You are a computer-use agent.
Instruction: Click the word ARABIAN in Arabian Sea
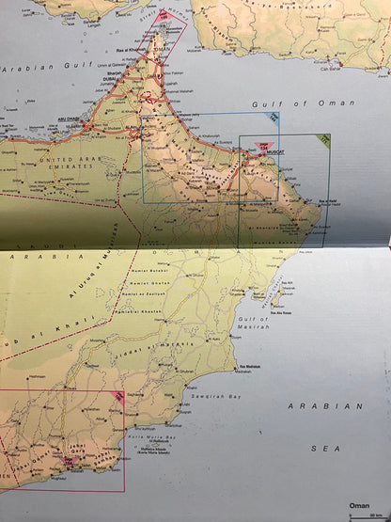pos(331,405)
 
